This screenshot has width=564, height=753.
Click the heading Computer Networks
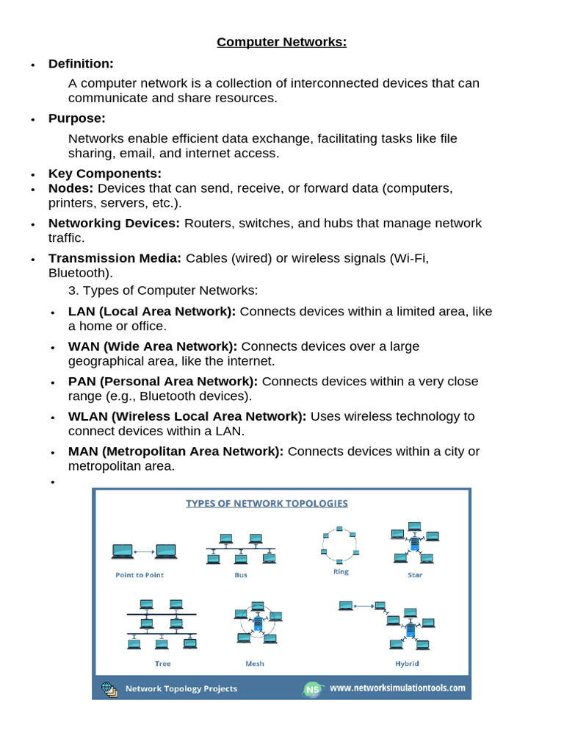pos(281,42)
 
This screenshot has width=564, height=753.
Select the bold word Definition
pos(81,64)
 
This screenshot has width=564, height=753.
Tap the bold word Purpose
pos(77,118)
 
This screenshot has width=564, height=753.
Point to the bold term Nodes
pos(70,188)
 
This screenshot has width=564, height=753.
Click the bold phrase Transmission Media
pos(115,258)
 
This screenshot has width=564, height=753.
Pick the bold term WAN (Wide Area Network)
pos(153,346)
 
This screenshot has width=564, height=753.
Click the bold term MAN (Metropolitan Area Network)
pos(176,451)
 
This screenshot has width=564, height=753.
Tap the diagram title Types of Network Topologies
pos(267,504)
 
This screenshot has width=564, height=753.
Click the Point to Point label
pos(140,575)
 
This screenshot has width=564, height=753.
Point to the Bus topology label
pos(241,575)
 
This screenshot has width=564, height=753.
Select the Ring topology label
pos(341,571)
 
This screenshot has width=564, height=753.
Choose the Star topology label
pos(415,575)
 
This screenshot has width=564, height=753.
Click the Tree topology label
pos(162,663)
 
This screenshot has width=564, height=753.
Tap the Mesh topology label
pos(255,663)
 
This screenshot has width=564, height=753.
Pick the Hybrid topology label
pos(407,663)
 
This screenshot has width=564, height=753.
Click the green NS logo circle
pos(312,689)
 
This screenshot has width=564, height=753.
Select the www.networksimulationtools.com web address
pos(397,688)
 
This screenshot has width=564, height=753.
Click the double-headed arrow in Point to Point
pos(144,550)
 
